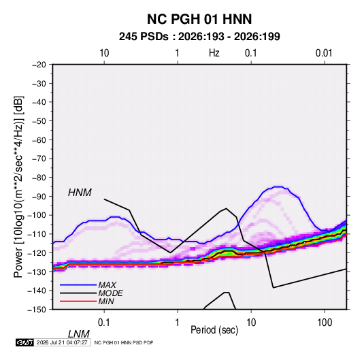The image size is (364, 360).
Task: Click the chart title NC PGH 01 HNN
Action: [x=199, y=19]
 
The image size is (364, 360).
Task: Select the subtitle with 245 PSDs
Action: [x=199, y=37]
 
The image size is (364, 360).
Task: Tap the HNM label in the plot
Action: [x=80, y=193]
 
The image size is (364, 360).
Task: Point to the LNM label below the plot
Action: [x=79, y=334]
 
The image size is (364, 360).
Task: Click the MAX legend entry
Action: [x=107, y=284]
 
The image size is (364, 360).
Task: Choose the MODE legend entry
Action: [x=110, y=293]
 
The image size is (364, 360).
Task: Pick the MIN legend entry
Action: [x=106, y=301]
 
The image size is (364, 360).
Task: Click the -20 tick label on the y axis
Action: [x=39, y=65]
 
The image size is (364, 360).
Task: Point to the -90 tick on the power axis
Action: [x=39, y=197]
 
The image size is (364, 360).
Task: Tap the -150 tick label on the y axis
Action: [x=37, y=310]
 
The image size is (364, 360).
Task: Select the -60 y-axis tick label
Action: [x=39, y=140]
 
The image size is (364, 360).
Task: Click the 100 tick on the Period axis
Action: [x=325, y=323]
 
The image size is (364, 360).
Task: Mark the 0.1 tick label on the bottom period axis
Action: [x=104, y=323]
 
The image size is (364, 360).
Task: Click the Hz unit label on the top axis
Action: [x=214, y=53]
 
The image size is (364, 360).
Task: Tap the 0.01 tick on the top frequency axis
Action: [x=324, y=53]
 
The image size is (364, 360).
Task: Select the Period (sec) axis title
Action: [x=214, y=330]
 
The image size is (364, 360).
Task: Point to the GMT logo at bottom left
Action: [x=24, y=342]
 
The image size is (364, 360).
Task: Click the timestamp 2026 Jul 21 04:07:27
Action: [x=62, y=342]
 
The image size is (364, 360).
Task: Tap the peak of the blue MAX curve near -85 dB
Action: [x=278, y=186]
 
